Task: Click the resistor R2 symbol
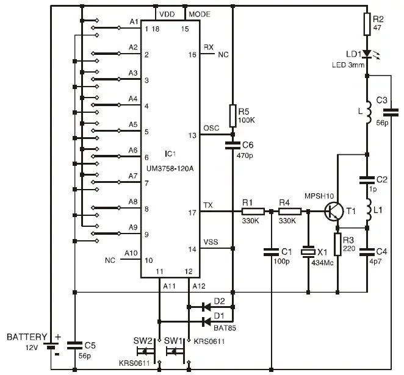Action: pos(367,24)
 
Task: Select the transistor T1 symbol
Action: pos(334,211)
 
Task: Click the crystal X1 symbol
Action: pos(310,252)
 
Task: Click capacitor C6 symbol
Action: pos(233,145)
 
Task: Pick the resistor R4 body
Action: pos(290,212)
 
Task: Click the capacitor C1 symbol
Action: pos(271,250)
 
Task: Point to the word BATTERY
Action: pos(26,337)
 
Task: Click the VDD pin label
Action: pos(166,13)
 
